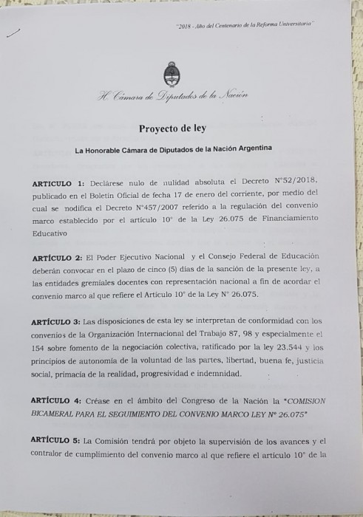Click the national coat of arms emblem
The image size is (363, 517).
(x=169, y=75)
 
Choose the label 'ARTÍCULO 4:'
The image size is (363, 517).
(x=59, y=400)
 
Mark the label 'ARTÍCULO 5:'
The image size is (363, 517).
(x=59, y=440)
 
